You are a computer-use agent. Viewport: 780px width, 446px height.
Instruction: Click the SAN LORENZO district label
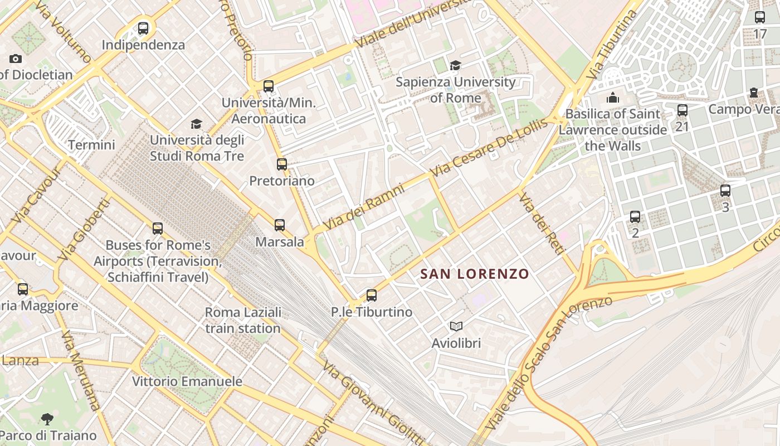(x=474, y=274)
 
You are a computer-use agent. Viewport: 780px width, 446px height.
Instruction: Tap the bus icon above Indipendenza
(x=143, y=28)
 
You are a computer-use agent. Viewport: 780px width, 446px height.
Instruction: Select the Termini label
(x=91, y=145)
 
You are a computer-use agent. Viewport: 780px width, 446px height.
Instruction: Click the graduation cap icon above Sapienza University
(x=455, y=66)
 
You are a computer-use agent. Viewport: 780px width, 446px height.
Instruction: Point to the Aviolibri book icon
(x=456, y=326)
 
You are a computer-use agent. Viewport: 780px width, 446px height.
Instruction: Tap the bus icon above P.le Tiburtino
(x=372, y=295)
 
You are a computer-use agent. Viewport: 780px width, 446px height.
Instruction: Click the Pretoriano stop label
(x=281, y=181)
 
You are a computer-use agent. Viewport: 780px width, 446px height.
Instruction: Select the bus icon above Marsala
(x=280, y=225)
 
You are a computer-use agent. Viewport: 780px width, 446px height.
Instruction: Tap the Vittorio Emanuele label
(x=187, y=381)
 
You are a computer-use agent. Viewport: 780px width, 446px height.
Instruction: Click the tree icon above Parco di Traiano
(x=47, y=419)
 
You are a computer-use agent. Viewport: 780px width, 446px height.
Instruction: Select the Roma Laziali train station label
(x=242, y=320)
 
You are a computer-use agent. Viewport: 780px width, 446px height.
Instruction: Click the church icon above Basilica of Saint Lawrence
(x=613, y=98)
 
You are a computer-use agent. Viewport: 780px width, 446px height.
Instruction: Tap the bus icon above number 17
(x=760, y=17)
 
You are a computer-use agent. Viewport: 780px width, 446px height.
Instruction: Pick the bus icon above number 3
(x=725, y=191)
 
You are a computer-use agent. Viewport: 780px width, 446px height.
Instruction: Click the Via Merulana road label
(x=80, y=371)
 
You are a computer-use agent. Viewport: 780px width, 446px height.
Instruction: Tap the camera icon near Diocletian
(x=16, y=59)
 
